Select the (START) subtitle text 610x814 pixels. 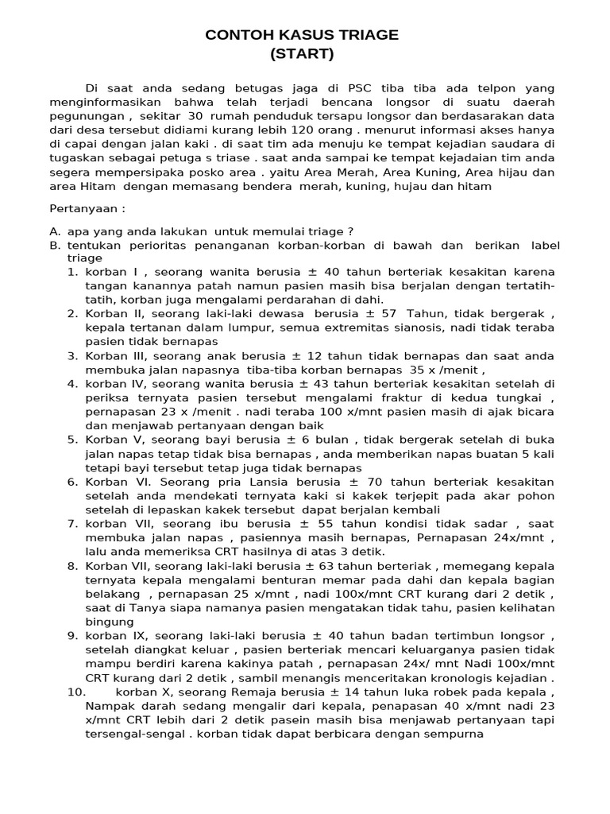pyautogui.click(x=302, y=54)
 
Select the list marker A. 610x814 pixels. pyautogui.click(x=54, y=231)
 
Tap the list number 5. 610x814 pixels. pyautogui.click(x=71, y=439)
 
